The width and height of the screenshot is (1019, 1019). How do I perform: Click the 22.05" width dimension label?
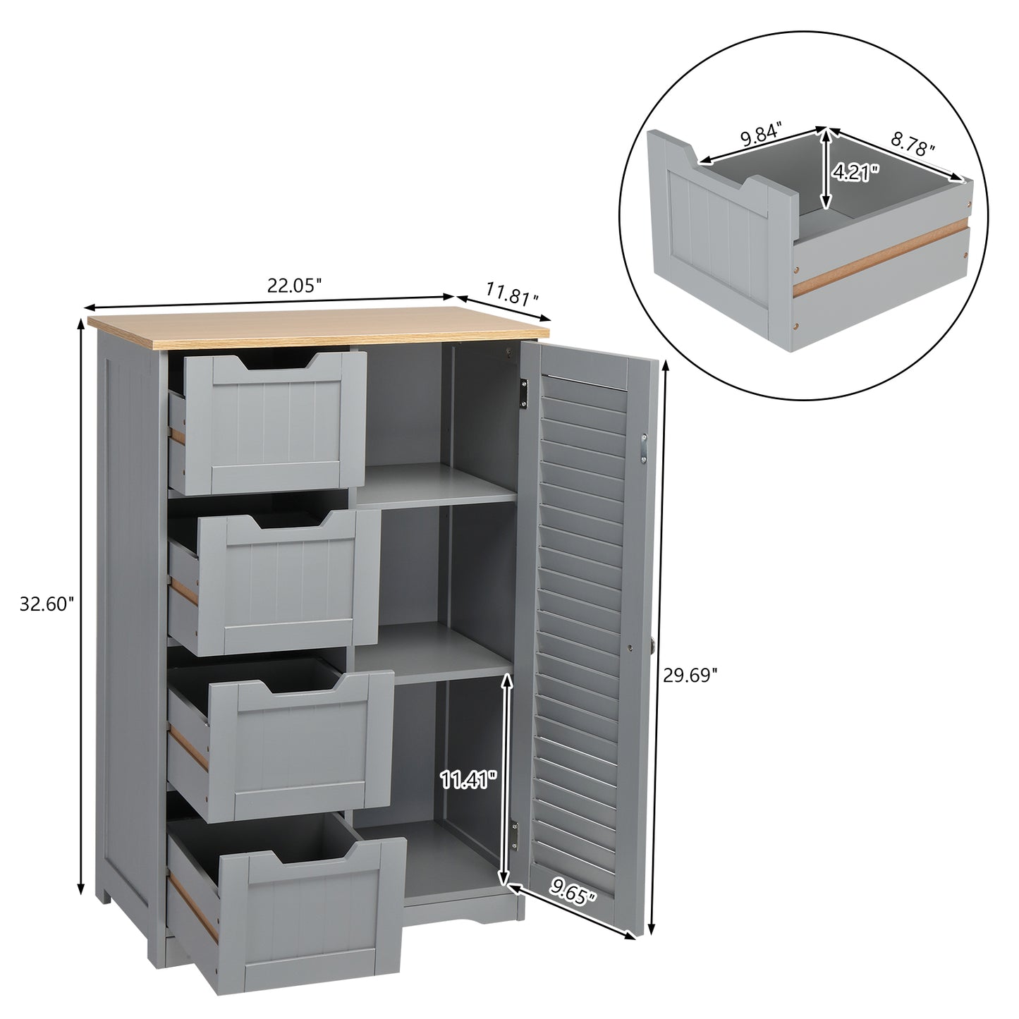294,285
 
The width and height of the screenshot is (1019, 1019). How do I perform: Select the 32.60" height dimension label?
47,604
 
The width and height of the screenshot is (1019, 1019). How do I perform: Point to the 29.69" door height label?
690,676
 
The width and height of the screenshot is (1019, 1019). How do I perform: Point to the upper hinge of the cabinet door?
524,393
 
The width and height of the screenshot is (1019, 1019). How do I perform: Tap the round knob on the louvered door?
653,643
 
